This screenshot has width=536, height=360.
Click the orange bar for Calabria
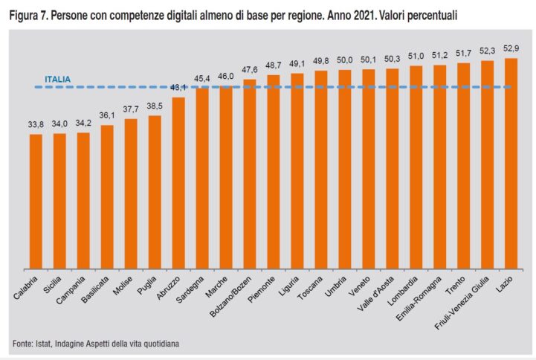pos(36,201)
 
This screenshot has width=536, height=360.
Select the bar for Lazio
pos(511,164)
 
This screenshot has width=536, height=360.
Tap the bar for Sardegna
pos(202,179)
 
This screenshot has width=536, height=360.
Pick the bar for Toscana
pos(321,170)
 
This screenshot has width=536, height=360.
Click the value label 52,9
pos(511,49)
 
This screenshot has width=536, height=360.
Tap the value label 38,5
pos(155,106)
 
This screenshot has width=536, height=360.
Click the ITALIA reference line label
pos(59,78)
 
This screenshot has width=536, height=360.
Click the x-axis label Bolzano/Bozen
pos(233,293)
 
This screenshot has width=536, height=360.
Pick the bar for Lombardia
pos(416,167)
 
